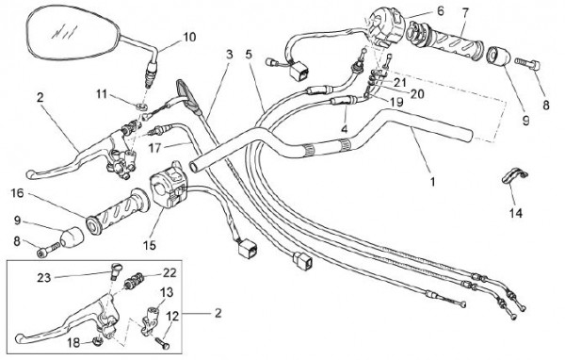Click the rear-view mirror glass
pos(73,34)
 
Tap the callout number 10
pos(189,37)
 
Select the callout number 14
pos(516,213)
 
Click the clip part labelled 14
pos(515,177)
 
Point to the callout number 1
pos(433,182)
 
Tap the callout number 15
pos(149,245)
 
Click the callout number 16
pos(17,193)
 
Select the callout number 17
pos(154,148)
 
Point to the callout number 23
pos(44,278)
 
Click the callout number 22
pos(169,272)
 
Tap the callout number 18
pos(73,342)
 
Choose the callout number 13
pos(167,292)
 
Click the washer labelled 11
pos(143,106)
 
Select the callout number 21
pos(400,83)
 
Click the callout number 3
pos(229,55)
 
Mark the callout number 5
pos(249,55)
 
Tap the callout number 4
pos(345,128)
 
